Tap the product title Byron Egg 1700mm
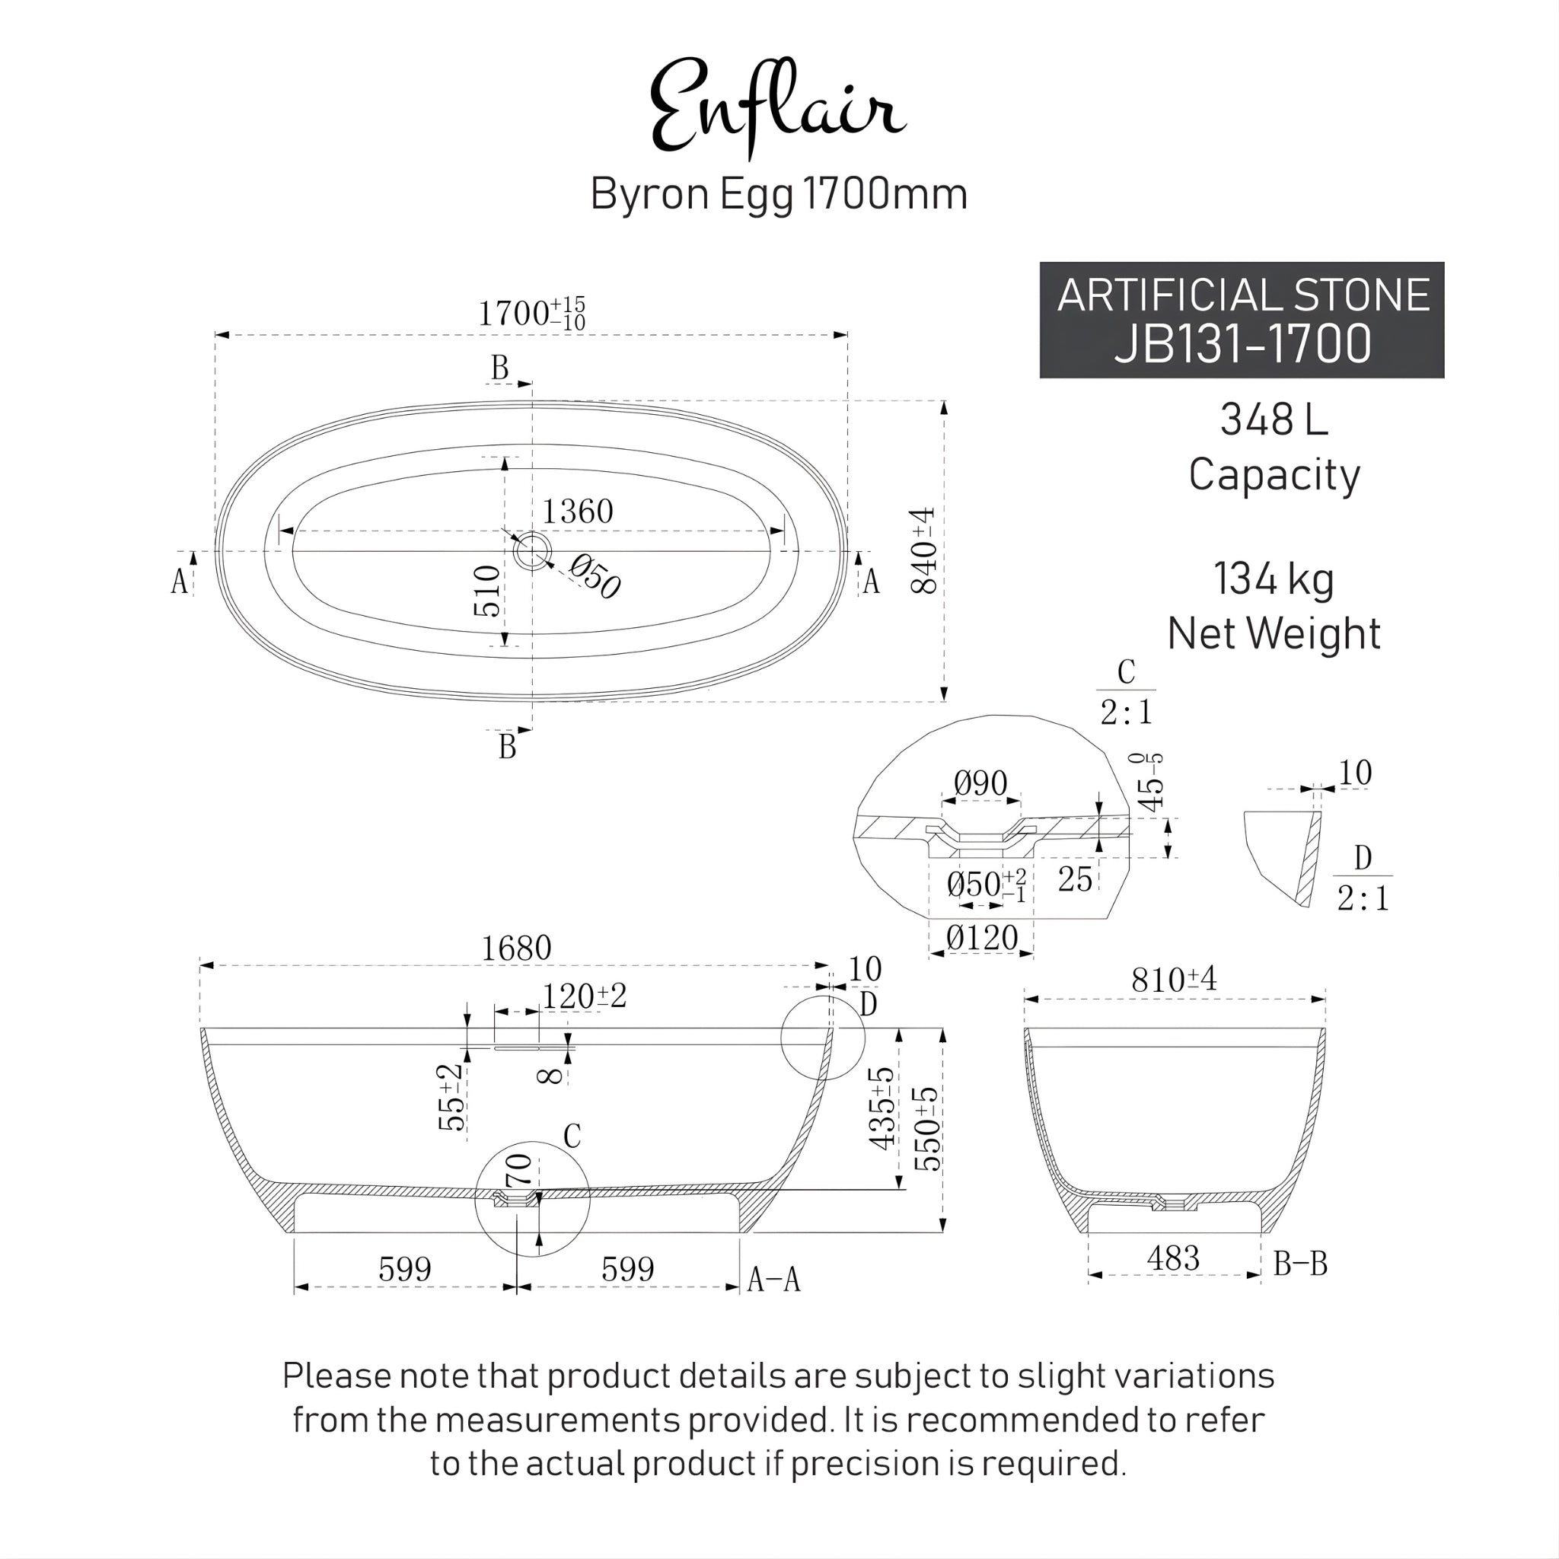pyautogui.click(x=779, y=194)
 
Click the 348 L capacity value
pyautogui.click(x=1274, y=419)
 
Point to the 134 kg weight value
pyautogui.click(x=1274, y=579)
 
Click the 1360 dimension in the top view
pyautogui.click(x=577, y=512)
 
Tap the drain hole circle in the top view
pyautogui.click(x=532, y=551)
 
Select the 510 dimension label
pyautogui.click(x=487, y=591)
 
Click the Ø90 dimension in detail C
pyautogui.click(x=980, y=783)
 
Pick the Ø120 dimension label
pyautogui.click(x=981, y=938)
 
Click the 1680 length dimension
pyautogui.click(x=515, y=948)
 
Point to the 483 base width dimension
pyautogui.click(x=1172, y=1258)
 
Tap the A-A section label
pyautogui.click(x=773, y=1279)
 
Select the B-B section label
pyautogui.click(x=1300, y=1264)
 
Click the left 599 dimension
pyautogui.click(x=405, y=1269)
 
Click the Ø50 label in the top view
pyautogui.click(x=595, y=577)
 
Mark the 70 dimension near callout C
pyautogui.click(x=519, y=1171)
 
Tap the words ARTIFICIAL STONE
pyautogui.click(x=1242, y=295)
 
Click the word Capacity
pyautogui.click(x=1274, y=474)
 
